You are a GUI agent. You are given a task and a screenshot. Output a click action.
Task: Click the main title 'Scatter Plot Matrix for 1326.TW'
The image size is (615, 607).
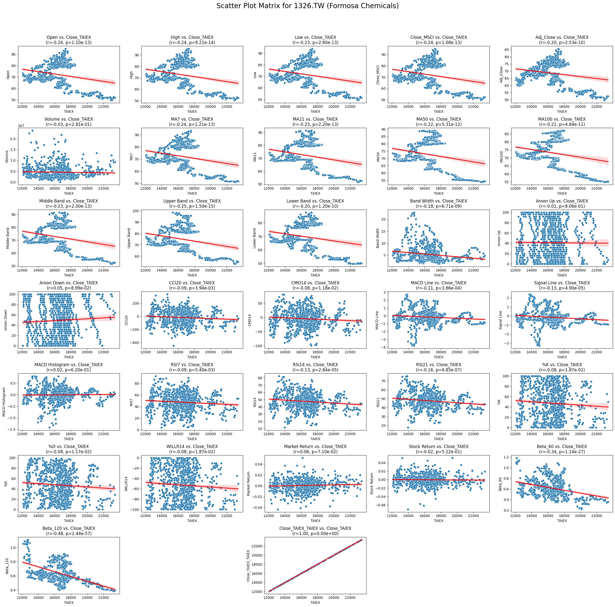pos(307,6)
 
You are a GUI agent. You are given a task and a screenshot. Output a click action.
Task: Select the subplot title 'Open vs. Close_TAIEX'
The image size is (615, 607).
pos(69,37)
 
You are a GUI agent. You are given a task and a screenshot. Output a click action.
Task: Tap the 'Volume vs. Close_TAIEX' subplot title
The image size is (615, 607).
pos(69,119)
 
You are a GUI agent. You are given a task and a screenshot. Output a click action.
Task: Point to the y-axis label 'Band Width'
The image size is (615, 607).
pos(378,238)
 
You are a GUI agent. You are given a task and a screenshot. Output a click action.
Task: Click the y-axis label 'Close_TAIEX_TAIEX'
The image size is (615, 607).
pos(248,566)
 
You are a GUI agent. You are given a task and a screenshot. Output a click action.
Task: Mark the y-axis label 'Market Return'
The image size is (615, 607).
pos(249,484)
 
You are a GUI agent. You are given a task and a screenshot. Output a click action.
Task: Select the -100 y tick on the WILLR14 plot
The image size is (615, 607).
pos(138,510)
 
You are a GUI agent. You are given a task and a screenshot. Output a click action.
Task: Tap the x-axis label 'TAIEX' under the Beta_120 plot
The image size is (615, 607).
pos(69,603)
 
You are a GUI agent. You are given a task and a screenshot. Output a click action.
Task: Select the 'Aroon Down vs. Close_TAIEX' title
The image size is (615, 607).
pos(69,283)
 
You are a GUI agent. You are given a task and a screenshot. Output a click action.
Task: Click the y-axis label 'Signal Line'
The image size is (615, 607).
pos(501,320)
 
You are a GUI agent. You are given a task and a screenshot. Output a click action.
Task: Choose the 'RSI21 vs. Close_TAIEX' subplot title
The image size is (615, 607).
pos(438,365)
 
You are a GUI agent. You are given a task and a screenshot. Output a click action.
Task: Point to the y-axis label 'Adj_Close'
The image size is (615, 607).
pos(501,74)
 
